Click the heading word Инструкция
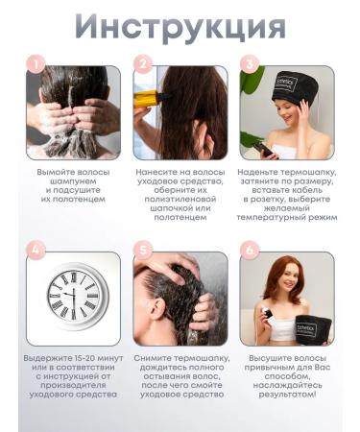tap(180, 28)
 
